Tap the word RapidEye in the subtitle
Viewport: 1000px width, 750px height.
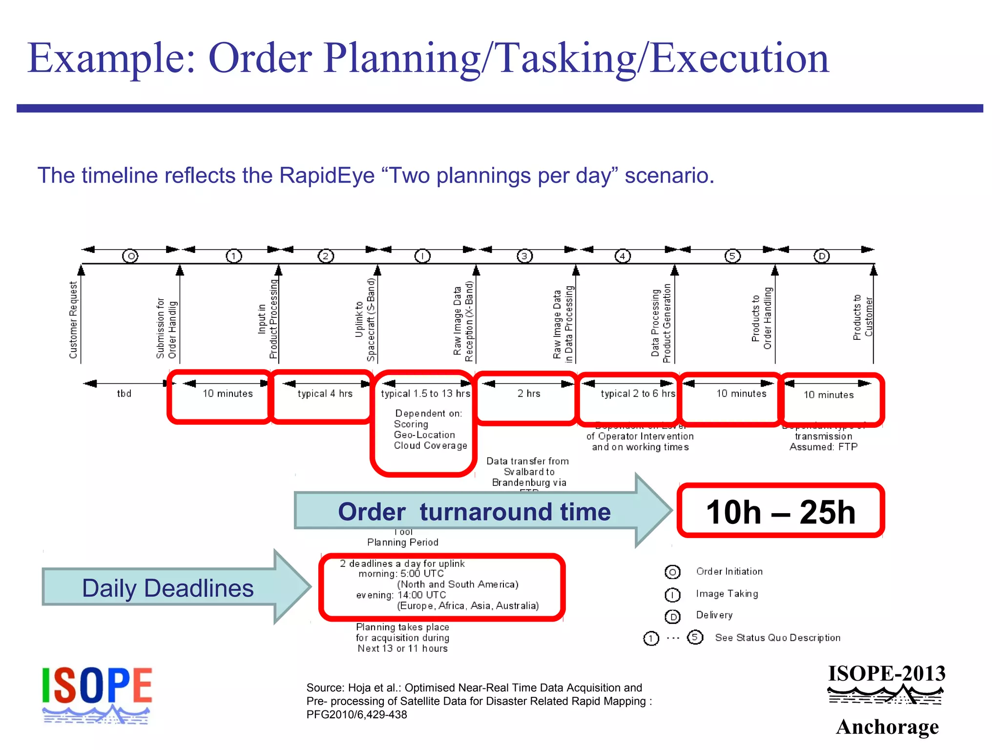[x=327, y=175]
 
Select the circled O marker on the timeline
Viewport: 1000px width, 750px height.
[x=130, y=256]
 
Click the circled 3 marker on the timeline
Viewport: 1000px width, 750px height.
[x=524, y=256]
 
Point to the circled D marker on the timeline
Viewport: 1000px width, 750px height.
[x=822, y=256]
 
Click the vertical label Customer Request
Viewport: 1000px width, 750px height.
[x=73, y=320]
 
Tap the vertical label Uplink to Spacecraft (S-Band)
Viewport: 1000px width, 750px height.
[x=365, y=320]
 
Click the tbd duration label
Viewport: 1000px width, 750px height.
[x=124, y=394]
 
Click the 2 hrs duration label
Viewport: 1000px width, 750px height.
[x=529, y=394]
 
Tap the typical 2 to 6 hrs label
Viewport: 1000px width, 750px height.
[x=637, y=394]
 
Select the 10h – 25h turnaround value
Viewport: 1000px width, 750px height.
[x=780, y=512]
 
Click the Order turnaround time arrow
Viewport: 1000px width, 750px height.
[x=474, y=512]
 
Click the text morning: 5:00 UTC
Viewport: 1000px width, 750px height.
[x=401, y=574]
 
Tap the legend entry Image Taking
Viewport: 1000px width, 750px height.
[x=727, y=594]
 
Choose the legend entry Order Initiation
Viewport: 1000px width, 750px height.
[x=729, y=571]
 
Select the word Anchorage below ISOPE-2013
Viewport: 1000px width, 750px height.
[x=887, y=727]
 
